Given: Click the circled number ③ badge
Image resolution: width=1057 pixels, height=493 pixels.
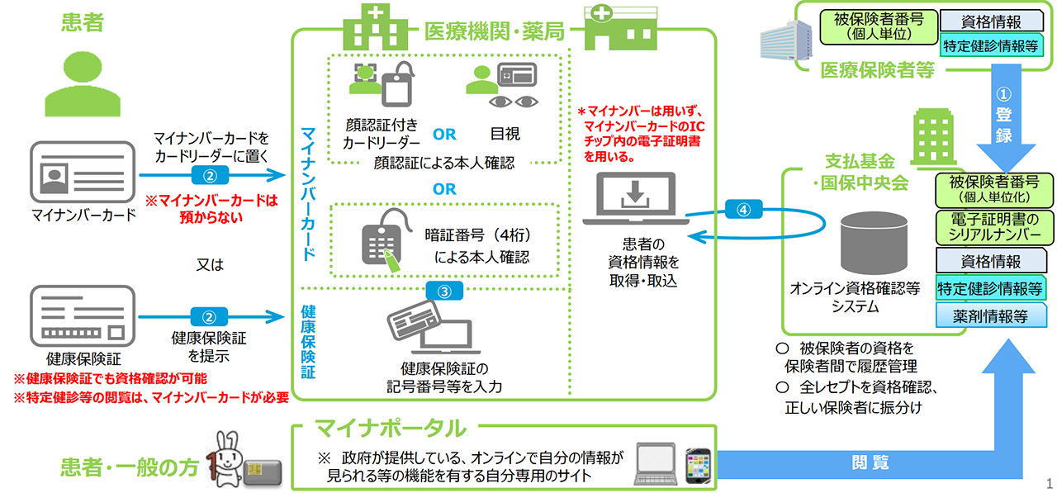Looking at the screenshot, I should (444, 290).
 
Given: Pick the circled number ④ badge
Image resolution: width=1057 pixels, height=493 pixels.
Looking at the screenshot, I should (746, 210).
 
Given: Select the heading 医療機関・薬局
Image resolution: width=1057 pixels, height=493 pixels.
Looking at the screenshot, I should (493, 31).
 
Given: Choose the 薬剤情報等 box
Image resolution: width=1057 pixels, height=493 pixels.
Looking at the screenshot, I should (990, 315).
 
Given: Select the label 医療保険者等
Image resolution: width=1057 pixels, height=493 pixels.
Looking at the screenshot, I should (877, 71).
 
